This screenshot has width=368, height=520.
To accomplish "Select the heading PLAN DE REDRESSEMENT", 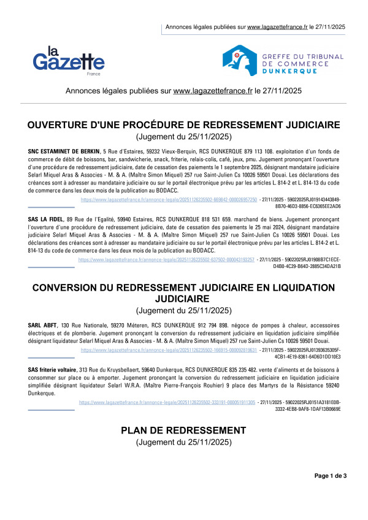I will point(184,429).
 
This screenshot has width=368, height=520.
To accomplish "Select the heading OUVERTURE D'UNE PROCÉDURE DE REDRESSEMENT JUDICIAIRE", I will point(184,126).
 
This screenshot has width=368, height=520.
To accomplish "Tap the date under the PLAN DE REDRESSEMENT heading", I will point(184,442).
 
